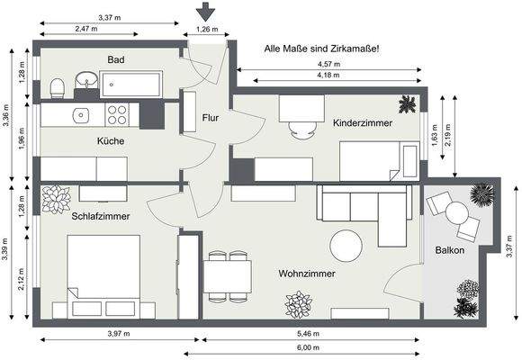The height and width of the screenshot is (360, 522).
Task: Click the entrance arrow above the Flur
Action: pos(206,12)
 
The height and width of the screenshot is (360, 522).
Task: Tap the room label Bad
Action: pos(115,59)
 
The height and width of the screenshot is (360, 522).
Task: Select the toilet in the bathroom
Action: pos(57,86)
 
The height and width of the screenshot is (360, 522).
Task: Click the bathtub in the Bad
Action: pos(131,85)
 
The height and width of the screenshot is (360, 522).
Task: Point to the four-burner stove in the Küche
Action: pos(117,114)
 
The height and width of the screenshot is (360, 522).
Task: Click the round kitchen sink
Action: pos(81,114)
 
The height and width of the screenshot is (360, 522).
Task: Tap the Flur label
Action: pos(211,118)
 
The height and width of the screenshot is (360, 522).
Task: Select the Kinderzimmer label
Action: pos(362,122)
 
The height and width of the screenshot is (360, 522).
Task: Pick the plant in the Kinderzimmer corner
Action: pos(408,103)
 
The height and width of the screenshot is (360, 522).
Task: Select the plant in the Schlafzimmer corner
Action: pos(56,198)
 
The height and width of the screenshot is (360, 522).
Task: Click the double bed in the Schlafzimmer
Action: pos(103,274)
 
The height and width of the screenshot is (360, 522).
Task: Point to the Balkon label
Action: pos(449,250)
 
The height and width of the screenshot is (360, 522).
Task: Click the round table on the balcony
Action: pos(457,213)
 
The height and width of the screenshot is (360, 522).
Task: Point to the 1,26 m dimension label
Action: pos(206,30)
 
